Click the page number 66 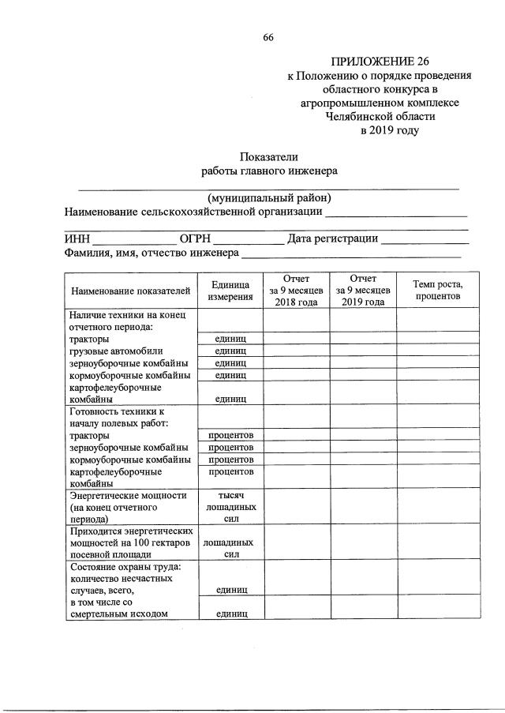tap(267, 39)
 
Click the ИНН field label tap(77, 239)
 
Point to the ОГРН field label tap(196, 239)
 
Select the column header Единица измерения tap(230, 291)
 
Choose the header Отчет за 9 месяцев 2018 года tap(297, 291)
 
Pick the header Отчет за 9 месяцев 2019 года tap(363, 291)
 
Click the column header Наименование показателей tap(131, 291)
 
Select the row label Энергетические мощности tap(128, 495)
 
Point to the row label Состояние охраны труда tap(125, 566)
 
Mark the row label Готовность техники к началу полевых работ tap(117, 417)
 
